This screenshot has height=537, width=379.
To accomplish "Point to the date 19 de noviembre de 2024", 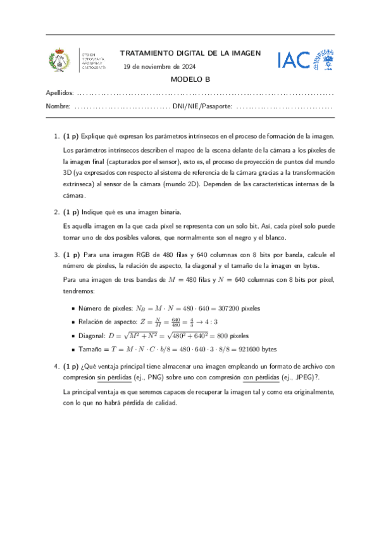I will (x=159, y=66).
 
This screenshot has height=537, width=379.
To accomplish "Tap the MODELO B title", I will (x=190, y=80).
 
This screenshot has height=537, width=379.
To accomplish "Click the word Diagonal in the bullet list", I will (x=91, y=335).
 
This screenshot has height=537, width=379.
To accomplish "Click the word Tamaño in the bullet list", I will (x=90, y=349).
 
